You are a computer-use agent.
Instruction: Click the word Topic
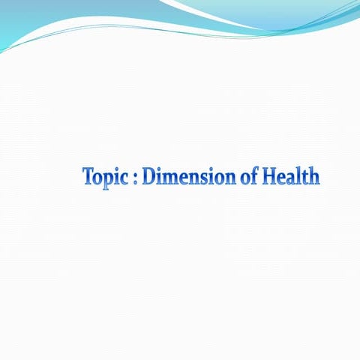coord(106,178)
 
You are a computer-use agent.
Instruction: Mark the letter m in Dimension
coord(170,178)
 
